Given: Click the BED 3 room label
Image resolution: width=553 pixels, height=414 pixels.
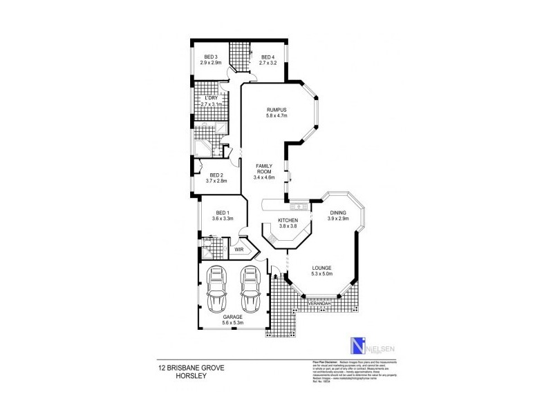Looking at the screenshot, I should (211, 57).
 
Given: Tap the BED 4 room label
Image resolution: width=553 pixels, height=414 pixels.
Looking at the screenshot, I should (267, 57).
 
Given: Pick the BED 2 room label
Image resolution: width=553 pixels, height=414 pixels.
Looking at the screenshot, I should (217, 175).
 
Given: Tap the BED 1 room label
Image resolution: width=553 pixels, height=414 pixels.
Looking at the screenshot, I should (223, 213).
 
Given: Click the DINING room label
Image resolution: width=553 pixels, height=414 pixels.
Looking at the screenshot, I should (338, 213).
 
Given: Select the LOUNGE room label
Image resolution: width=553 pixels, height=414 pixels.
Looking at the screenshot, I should (321, 268).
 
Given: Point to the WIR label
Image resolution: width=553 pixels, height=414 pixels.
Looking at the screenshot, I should (240, 249).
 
